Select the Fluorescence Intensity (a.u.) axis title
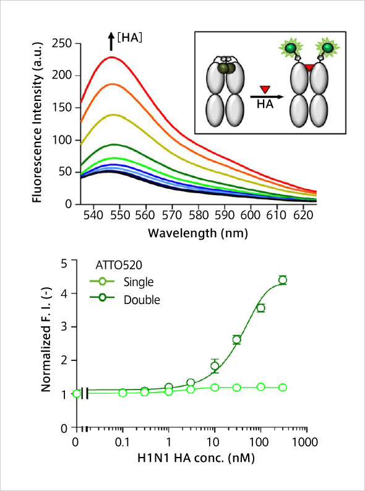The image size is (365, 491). (37, 124)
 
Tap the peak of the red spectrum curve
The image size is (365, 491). (111, 57)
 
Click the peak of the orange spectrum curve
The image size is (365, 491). (112, 84)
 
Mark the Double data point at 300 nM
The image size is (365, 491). (283, 280)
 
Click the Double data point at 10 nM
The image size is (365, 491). (215, 366)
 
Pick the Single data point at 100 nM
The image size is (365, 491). (260, 387)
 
